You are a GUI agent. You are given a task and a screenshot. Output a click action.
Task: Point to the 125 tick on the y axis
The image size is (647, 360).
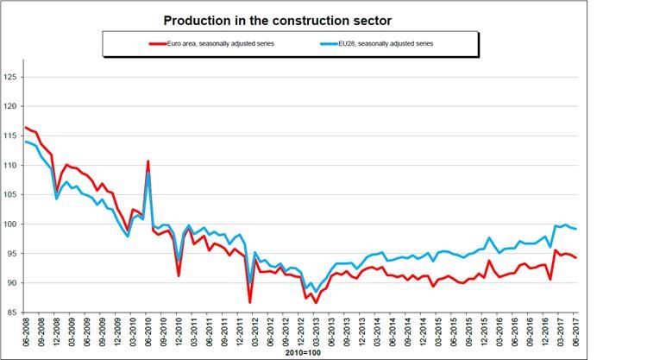10,78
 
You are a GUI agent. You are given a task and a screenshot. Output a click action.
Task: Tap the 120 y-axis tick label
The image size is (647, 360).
10,107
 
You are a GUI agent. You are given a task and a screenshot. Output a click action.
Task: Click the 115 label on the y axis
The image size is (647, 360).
10,136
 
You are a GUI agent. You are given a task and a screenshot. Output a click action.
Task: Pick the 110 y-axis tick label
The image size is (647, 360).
10,166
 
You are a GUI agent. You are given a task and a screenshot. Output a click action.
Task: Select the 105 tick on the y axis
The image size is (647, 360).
10,195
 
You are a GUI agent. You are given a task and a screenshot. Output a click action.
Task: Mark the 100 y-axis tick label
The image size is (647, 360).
10,224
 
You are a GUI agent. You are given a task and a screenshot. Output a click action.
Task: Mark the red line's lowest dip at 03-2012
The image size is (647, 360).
249,302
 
